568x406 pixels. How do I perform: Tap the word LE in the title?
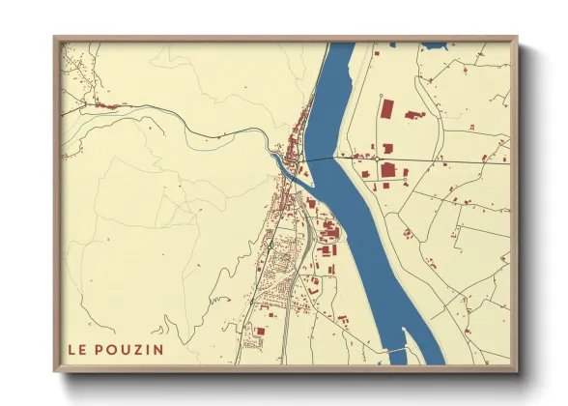(x=77, y=349)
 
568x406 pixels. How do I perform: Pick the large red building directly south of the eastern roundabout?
(x=388, y=171)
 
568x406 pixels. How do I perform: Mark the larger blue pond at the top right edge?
(x=434, y=45)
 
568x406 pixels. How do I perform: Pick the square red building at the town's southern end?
(x=259, y=333)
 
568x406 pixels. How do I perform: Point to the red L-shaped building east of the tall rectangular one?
(x=414, y=114)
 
